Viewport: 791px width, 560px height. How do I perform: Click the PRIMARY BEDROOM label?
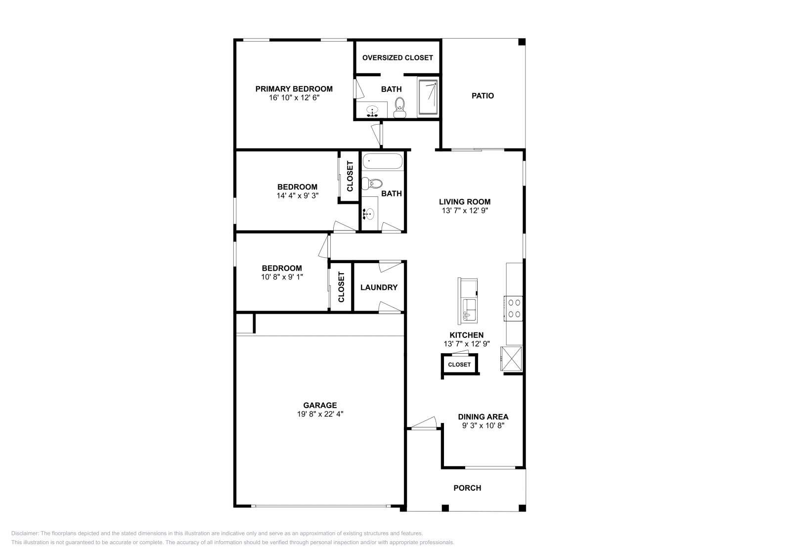[294, 89]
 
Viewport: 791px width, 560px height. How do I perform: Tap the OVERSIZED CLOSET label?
[397, 58]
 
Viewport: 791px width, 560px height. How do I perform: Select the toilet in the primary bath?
[399, 107]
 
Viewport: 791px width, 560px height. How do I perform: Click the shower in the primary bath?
[428, 97]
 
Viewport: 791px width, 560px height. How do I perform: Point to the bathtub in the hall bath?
[383, 161]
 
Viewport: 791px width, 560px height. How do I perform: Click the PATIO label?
[483, 96]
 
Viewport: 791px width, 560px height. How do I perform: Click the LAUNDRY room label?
[379, 287]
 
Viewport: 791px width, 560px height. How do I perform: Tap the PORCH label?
[467, 488]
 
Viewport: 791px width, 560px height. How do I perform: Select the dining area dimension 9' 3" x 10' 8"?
[483, 425]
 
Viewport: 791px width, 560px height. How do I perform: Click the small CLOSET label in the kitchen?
[459, 365]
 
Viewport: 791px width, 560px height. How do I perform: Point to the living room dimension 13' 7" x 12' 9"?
[465, 210]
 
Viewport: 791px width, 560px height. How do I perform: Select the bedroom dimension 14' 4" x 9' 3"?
[297, 195]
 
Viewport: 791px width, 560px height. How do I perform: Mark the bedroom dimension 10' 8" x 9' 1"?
[282, 277]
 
